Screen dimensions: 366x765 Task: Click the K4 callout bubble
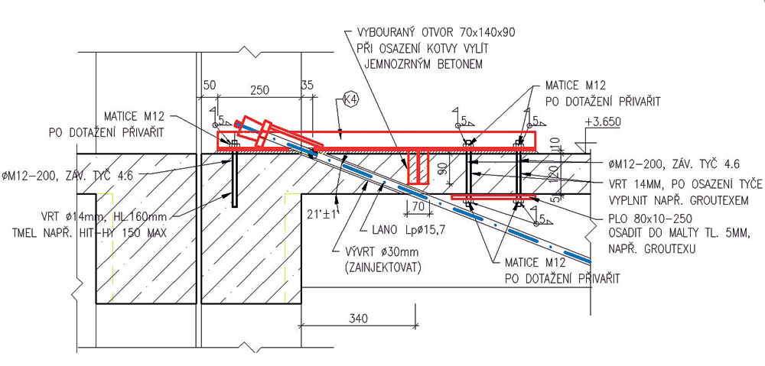(350, 99)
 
